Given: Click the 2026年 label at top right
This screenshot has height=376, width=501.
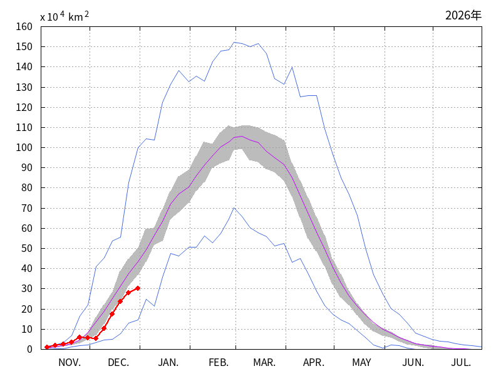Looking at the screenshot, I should pos(463,16).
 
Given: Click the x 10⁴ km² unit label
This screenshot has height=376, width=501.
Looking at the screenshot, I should pos(65,17).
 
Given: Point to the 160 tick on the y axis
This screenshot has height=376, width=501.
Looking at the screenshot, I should pos(24,26).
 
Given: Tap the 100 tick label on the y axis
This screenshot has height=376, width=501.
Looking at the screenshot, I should pos(24,147).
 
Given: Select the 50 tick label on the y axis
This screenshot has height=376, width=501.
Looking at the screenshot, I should pos(26,248).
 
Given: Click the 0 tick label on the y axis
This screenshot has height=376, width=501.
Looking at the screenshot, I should pos(28,349).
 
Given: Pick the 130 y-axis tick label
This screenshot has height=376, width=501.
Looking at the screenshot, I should pos(24,87).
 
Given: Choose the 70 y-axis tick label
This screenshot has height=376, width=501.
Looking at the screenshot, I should pos(26,208).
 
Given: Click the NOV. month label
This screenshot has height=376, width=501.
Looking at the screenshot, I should pos(70,363).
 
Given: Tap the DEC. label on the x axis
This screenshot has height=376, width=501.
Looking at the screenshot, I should pos(118,363).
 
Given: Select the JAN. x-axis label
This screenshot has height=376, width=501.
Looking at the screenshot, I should pos(168,363).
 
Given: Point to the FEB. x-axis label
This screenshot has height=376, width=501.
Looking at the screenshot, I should pos(219,363).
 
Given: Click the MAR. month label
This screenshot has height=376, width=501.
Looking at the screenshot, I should pos(265,363).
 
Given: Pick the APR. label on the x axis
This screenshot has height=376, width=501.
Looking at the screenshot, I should pos(314,363).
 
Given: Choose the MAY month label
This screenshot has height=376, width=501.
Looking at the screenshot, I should pos(361,363).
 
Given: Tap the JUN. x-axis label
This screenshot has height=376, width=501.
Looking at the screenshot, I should pos(413,363).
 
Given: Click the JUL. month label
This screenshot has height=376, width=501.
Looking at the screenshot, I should pos(462,363).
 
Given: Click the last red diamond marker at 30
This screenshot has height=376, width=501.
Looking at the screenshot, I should pos(138,288).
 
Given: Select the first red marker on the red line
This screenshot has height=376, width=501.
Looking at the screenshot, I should pos(47,347).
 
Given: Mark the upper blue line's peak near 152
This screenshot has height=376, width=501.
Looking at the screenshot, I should pos(234,43).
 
